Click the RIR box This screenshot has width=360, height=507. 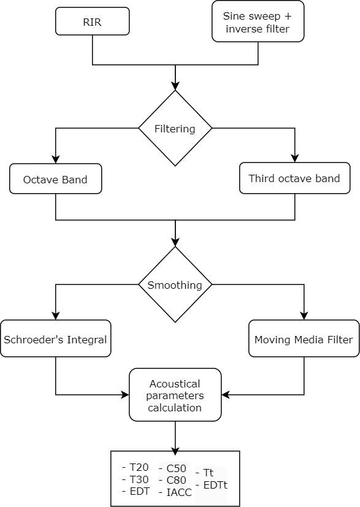click(93, 21)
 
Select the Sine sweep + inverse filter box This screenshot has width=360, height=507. click(258, 21)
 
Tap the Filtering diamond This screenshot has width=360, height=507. click(175, 128)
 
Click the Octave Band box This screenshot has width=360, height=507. click(56, 179)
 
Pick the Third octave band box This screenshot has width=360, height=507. click(294, 178)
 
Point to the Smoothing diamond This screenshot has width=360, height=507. click(175, 284)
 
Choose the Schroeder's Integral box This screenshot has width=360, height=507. click(56, 338)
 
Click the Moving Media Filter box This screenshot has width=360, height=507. click(304, 338)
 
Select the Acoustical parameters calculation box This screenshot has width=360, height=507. click(175, 395)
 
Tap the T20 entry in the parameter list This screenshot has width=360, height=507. click(136, 467)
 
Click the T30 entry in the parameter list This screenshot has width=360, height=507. click(136, 479)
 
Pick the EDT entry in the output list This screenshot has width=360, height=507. click(136, 491)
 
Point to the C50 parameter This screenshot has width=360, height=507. click(173, 468)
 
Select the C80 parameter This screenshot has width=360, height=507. click(173, 480)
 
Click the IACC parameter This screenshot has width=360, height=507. click(175, 492)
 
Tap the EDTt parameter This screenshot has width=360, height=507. click(212, 485)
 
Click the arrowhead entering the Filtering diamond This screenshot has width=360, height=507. click(175, 86)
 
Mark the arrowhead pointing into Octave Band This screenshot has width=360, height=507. click(56, 159)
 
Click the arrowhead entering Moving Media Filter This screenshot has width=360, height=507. click(304, 316)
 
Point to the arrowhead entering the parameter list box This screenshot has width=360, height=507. click(175, 451)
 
